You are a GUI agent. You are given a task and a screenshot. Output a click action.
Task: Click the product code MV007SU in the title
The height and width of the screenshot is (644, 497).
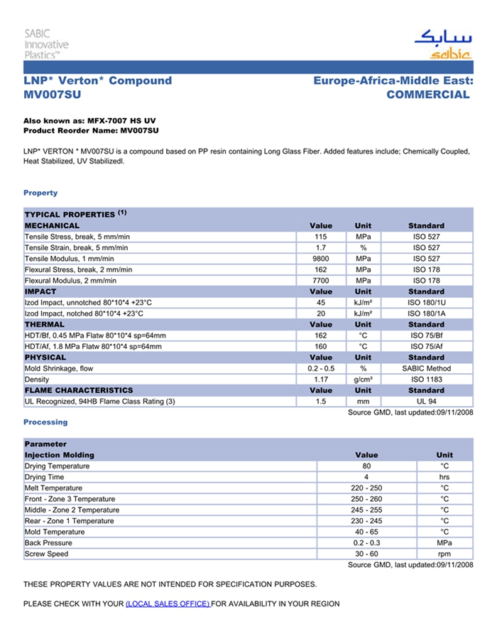(x=52, y=95)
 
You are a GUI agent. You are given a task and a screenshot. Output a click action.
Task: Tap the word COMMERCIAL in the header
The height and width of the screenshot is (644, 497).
(x=428, y=95)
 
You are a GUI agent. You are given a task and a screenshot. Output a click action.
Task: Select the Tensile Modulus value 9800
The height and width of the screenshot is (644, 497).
(x=321, y=259)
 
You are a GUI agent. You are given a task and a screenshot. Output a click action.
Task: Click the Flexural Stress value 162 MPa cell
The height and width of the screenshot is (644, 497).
(x=321, y=270)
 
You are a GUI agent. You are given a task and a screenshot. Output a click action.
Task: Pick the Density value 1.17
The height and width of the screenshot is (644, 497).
(x=321, y=380)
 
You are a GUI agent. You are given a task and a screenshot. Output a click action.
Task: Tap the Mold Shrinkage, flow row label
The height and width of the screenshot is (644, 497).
(x=59, y=369)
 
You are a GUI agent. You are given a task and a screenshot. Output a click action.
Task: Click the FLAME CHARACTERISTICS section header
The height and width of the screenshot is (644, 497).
(x=79, y=390)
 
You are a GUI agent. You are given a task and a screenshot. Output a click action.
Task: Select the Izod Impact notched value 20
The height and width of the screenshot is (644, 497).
(x=321, y=313)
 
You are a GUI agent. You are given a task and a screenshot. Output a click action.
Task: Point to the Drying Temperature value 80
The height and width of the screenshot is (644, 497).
(x=366, y=466)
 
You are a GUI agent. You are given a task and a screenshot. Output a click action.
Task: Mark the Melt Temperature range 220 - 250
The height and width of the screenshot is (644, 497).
(x=366, y=488)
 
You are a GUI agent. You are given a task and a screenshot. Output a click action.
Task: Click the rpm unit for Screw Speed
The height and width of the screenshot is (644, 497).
(x=444, y=554)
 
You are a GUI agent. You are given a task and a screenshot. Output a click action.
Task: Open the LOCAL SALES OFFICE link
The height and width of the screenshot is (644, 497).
(x=168, y=604)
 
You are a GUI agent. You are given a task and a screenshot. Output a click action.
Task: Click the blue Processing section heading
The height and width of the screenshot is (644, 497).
(x=45, y=422)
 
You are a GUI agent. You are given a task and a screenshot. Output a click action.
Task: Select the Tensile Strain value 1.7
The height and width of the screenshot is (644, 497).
(x=321, y=247)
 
